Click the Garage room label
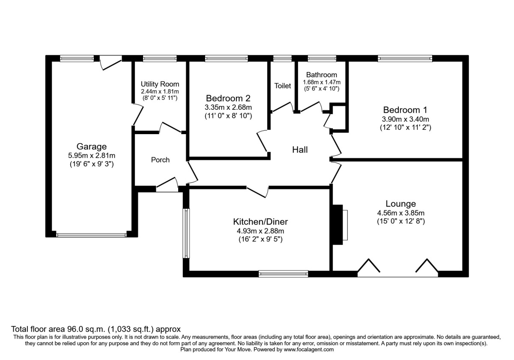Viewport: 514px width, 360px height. point(92,147)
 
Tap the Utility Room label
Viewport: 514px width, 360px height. point(160,84)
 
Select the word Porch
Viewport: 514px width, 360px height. point(160,160)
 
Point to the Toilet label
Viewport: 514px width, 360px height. point(283,86)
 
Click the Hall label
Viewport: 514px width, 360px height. point(300,150)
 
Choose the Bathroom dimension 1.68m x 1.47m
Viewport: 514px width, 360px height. point(322,82)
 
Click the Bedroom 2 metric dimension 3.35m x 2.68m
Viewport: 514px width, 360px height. point(228,107)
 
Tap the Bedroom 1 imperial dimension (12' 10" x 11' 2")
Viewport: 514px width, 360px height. point(406,127)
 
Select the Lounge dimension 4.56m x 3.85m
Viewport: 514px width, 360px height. point(401,213)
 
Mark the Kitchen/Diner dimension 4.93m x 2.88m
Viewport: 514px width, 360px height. point(260,231)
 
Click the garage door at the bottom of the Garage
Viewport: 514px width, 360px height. point(91,235)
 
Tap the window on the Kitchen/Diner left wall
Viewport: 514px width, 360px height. point(186,233)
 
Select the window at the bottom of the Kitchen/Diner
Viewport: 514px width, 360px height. point(284,274)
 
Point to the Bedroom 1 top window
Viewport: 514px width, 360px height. point(405,58)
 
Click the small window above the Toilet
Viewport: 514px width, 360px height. point(282,58)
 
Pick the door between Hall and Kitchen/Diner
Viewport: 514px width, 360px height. point(257,192)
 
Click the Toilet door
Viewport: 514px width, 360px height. point(282,107)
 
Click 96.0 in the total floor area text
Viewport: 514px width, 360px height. point(74,329)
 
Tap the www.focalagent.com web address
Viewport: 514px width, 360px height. point(309,350)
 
